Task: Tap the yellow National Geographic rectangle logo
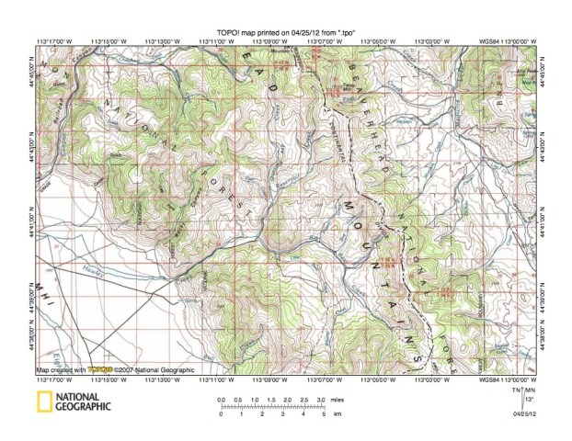[x=45, y=401]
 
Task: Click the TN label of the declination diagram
[x=515, y=390]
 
